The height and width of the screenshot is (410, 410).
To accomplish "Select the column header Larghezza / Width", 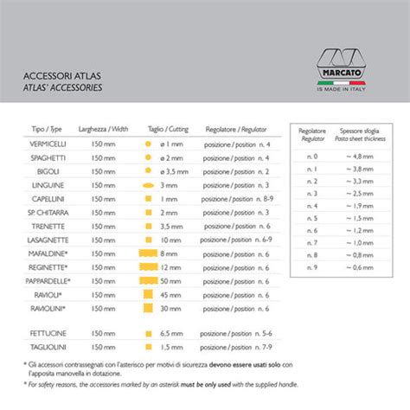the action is click(103, 128).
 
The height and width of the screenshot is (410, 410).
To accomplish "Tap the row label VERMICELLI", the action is click(47, 144).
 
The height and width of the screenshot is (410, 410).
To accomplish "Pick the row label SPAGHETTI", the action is click(47, 157).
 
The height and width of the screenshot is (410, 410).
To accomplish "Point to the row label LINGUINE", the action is click(48, 185).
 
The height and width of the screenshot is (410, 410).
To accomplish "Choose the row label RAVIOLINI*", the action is click(48, 308).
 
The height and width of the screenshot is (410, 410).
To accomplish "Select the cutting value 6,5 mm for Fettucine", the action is click(170, 332).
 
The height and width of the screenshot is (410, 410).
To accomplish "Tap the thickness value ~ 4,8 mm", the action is click(360, 156).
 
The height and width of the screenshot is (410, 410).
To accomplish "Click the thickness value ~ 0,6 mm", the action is click(360, 268).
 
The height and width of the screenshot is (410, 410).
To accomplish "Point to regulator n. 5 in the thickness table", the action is click(313, 219).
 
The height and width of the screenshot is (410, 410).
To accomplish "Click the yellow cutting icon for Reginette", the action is click(144, 267).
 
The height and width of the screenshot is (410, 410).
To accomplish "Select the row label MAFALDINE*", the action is click(48, 253).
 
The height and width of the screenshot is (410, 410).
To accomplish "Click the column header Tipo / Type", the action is click(48, 128).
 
